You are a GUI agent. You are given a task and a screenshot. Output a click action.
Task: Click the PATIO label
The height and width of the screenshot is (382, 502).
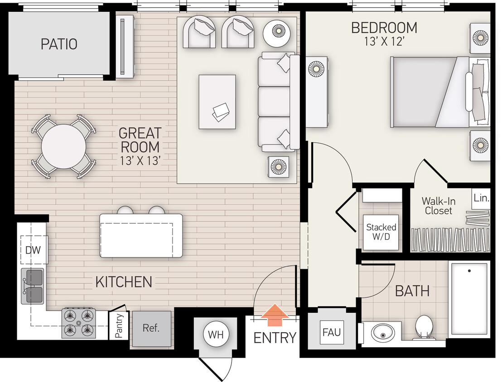(59, 44)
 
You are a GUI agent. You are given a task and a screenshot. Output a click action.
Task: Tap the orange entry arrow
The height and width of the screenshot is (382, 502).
(275, 315)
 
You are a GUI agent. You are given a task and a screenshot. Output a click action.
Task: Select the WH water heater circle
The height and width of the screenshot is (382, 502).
(215, 335)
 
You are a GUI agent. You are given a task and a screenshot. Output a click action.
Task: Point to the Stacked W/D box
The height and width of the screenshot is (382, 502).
(381, 232)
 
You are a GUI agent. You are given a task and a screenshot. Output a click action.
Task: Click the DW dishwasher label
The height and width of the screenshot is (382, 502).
(33, 250)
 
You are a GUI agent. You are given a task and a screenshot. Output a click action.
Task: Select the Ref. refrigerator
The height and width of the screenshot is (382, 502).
(151, 329)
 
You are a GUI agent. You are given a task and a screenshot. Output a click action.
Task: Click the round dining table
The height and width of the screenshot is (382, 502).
(63, 147)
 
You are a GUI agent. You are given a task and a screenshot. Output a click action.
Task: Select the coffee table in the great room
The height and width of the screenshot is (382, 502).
(217, 102)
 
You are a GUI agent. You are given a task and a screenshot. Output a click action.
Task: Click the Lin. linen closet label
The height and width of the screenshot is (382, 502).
(481, 198)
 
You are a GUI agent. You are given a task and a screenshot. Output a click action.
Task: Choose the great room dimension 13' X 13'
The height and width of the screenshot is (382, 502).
(140, 160)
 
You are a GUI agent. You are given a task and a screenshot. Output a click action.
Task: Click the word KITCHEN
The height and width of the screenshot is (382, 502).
(123, 282)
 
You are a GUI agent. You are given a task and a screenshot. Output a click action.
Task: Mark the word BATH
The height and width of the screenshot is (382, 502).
(412, 291)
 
